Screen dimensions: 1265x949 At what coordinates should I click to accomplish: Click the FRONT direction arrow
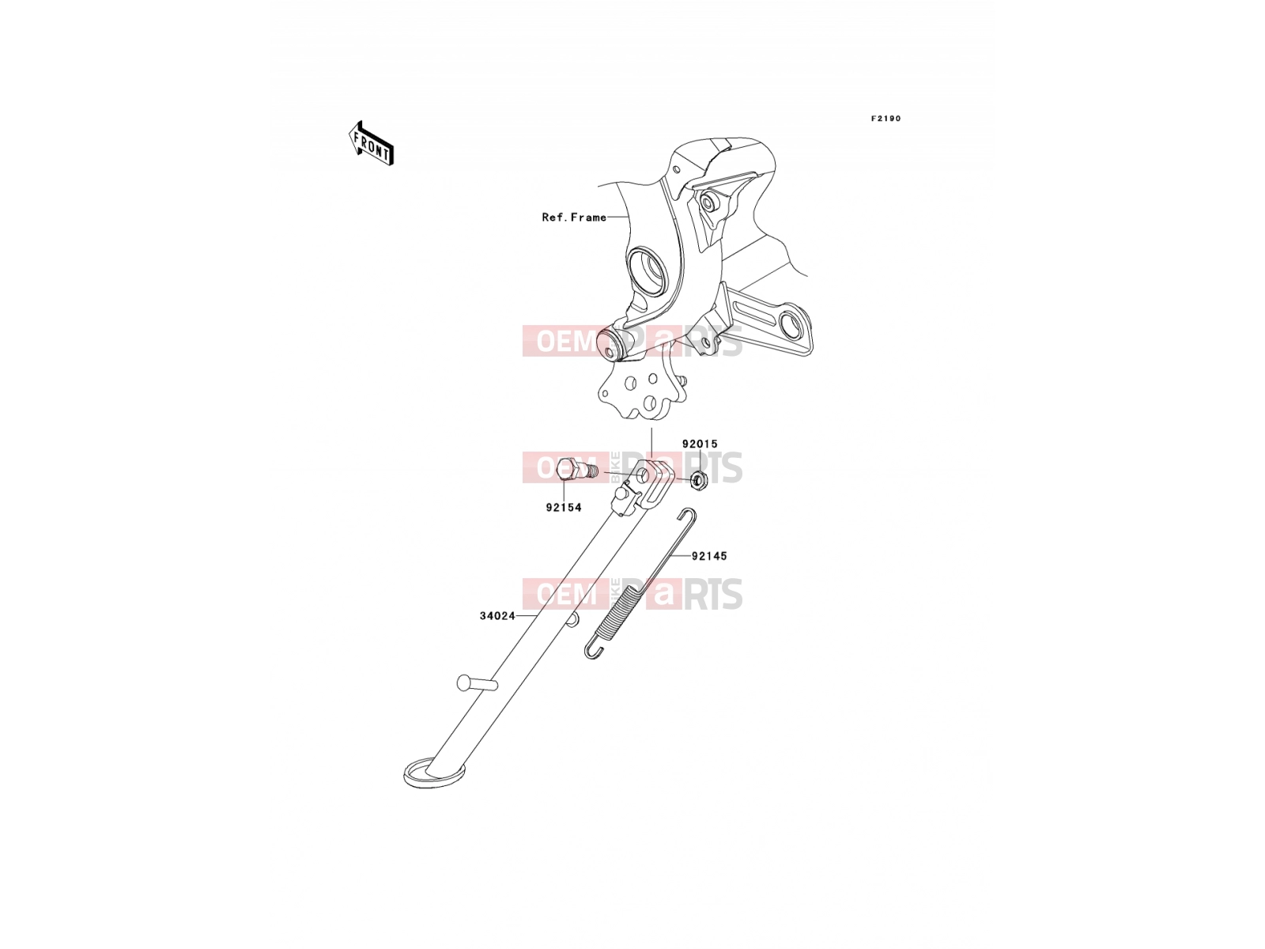[371, 143]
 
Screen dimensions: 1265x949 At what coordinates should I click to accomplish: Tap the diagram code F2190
[885, 119]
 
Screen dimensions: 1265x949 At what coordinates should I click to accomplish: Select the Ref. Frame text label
[573, 217]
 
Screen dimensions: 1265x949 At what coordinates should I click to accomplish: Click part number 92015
[700, 444]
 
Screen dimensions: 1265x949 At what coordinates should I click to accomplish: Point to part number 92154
[564, 508]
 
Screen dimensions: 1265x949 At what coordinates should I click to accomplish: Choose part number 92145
[709, 556]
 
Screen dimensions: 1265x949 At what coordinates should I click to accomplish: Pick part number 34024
[497, 616]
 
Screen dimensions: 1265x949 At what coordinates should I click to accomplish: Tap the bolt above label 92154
[576, 470]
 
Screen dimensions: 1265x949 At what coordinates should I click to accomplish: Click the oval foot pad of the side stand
[434, 775]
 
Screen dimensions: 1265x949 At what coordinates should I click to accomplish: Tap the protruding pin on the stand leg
[477, 683]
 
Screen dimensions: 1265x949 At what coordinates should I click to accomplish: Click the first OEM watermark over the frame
[566, 341]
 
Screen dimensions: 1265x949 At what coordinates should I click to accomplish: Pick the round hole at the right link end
[791, 326]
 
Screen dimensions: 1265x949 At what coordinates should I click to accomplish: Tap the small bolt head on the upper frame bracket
[707, 202]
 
